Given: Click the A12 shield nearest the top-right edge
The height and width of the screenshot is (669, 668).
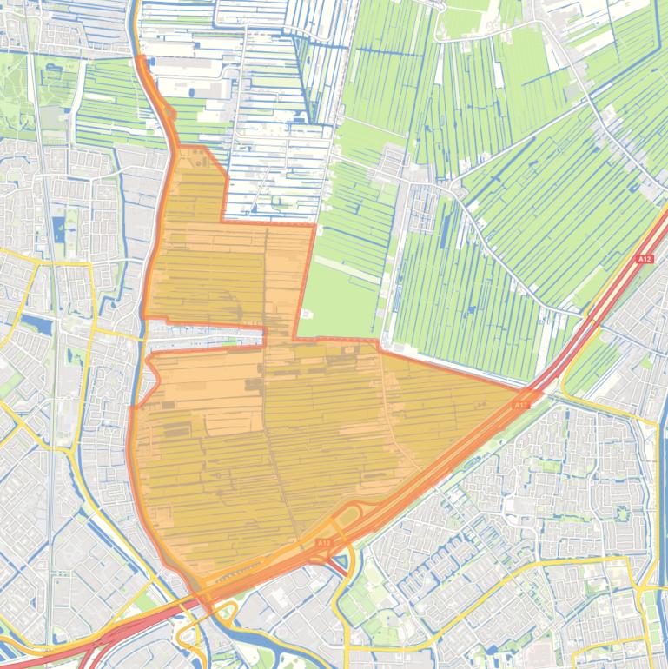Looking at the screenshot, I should pos(644,259).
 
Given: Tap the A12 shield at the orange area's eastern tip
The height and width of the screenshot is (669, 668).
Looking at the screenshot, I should pos(520,405).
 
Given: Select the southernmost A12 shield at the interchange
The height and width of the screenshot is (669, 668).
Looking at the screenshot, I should pos(323,543).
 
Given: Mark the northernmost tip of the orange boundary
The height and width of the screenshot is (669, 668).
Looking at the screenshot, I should pos(140,57).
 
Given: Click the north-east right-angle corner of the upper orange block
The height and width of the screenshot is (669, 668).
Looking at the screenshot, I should pos(313,226).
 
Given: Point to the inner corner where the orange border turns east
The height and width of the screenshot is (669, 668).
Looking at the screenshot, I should pos(295,337).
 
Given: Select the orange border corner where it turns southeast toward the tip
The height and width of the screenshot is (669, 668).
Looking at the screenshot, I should pos(380,341).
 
